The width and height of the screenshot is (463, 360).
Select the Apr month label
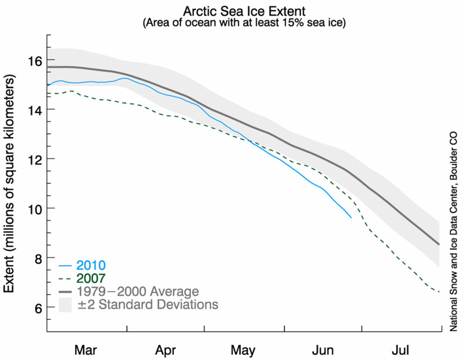(166, 350)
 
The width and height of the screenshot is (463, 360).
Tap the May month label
(243, 350)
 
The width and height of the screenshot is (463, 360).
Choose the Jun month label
(322, 350)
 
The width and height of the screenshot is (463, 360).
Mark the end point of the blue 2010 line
(351, 218)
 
